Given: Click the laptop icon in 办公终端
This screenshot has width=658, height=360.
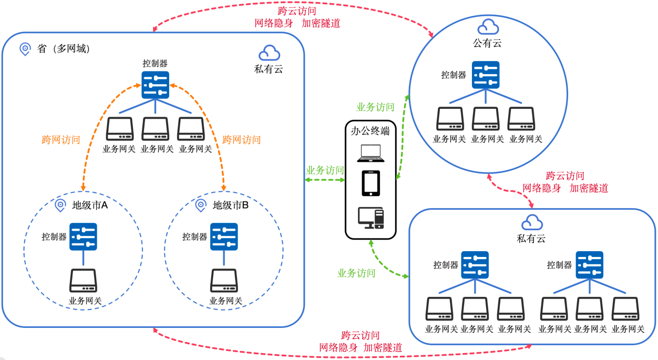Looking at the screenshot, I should (x=371, y=152).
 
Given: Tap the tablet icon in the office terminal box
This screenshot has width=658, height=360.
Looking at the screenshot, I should (x=371, y=183).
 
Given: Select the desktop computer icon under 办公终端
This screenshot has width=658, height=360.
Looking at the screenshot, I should (x=371, y=218).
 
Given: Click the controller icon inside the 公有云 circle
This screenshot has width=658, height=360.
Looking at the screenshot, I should (x=486, y=75).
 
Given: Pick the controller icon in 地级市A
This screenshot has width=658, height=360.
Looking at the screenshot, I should (x=84, y=236).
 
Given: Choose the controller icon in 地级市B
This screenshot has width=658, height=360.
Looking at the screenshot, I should (x=224, y=236).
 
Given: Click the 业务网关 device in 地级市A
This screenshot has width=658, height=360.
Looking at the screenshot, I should (x=84, y=281).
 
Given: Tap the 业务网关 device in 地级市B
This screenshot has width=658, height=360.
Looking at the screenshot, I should (x=224, y=281).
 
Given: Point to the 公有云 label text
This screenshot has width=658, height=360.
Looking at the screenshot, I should (x=487, y=43).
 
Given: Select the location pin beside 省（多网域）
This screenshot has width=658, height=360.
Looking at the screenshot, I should (x=25, y=49).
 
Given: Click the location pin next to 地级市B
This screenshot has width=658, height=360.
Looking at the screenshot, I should (x=200, y=205).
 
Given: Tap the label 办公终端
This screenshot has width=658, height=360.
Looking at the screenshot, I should (x=371, y=131).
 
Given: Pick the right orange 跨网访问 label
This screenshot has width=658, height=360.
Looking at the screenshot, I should (x=242, y=140).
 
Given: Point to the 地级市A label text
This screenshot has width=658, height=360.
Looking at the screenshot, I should (x=90, y=205).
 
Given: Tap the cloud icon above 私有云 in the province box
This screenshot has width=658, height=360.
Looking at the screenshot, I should (x=269, y=53).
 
